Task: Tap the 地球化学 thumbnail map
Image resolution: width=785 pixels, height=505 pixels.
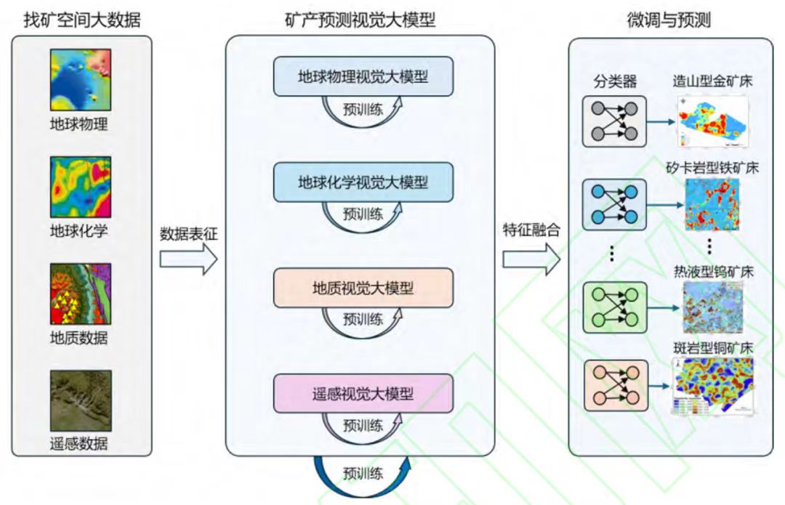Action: click(80, 186)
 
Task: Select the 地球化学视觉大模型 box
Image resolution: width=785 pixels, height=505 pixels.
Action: click(363, 182)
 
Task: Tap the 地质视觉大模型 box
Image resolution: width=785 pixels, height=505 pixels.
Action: click(363, 287)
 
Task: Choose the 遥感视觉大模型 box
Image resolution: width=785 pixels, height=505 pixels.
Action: click(363, 394)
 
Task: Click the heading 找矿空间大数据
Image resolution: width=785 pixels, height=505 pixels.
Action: click(81, 20)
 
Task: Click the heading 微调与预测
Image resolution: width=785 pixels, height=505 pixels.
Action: click(669, 20)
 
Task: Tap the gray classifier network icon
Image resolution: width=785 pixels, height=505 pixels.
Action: click(614, 121)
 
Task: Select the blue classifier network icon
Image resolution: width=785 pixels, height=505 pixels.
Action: click(614, 204)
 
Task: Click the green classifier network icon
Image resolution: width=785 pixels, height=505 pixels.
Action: click(614, 307)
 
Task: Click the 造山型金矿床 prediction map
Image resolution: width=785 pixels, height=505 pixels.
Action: click(712, 121)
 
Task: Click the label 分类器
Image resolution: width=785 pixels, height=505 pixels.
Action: click(615, 81)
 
